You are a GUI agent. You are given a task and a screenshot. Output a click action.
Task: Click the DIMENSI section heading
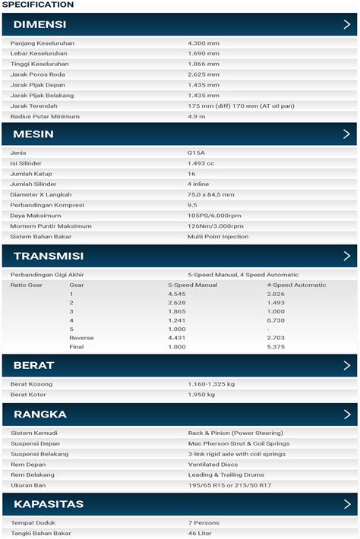tap(39, 24)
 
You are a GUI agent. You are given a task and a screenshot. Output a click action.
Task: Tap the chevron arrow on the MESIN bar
tap(346, 134)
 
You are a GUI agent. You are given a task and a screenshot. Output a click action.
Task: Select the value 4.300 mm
tap(204, 43)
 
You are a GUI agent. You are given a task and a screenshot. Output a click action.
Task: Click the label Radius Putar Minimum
tap(45, 117)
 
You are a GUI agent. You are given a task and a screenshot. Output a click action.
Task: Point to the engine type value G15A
tap(196, 153)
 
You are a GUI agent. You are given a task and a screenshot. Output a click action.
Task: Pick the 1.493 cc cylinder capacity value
tap(201, 163)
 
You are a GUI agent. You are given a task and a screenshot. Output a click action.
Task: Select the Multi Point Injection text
tap(218, 237)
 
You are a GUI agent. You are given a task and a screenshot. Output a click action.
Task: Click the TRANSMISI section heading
tap(49, 256)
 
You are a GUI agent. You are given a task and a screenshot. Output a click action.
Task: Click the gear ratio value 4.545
tap(176, 294)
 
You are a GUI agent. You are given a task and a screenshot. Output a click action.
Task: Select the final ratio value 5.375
tap(276, 347)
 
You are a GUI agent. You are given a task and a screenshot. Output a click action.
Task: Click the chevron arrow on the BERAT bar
tap(346, 365)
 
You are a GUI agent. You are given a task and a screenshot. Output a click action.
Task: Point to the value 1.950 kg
tap(201, 395)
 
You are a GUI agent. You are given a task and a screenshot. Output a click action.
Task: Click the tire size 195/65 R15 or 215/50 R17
tap(230, 485)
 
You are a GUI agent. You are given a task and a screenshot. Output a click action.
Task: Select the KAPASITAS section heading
tap(49, 504)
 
